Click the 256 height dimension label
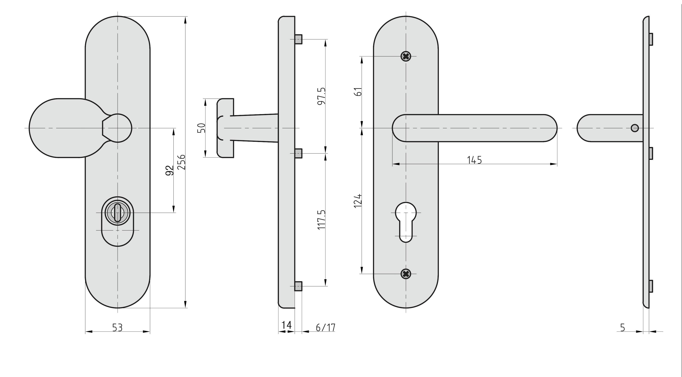181,162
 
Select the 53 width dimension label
118,328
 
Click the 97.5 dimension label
321,96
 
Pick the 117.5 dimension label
321,220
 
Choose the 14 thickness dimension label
286,325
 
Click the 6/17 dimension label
326,328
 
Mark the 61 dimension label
358,92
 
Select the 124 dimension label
358,201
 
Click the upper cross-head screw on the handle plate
406,56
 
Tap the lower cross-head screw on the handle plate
406,274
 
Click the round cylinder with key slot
118,212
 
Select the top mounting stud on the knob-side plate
298,39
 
